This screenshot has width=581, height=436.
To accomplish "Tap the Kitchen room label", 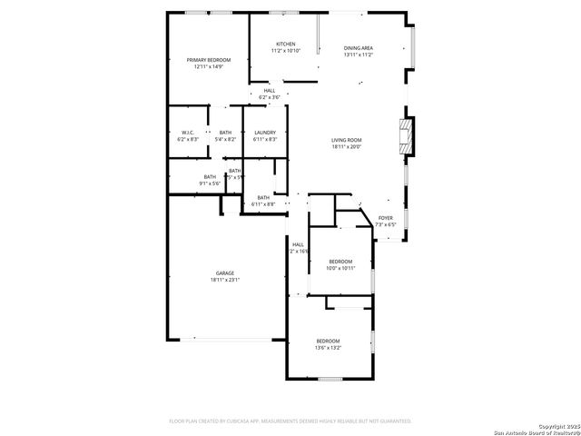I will click(286, 44).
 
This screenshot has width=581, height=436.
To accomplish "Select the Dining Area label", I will click(359, 48).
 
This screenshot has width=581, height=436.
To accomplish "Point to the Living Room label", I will click(347, 140).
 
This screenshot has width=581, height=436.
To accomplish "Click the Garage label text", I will click(224, 273).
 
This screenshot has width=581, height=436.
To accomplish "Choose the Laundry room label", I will click(265, 133).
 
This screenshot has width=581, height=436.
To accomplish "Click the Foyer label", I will click(386, 218).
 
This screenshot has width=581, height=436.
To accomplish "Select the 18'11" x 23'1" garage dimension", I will click(224, 280).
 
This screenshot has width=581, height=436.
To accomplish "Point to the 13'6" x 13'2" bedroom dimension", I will click(328, 347).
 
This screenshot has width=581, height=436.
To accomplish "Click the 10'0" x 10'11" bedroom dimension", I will click(340, 268).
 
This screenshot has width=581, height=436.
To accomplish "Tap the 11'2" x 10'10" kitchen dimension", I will click(286, 50).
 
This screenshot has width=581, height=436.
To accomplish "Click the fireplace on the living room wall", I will click(408, 136).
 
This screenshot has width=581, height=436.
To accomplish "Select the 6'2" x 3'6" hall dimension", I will click(270, 96).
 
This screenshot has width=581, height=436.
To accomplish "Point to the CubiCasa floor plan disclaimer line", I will click(290, 421).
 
